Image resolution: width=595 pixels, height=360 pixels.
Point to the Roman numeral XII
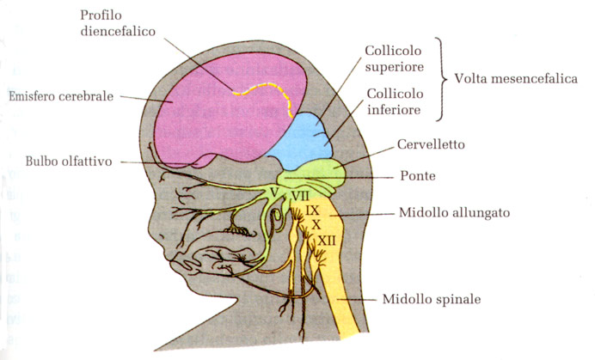click(326, 241)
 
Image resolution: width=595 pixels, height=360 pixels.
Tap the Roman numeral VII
click(299, 195)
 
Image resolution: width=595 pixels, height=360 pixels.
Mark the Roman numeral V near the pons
click(273, 191)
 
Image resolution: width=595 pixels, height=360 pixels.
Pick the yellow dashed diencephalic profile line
click(258, 86)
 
